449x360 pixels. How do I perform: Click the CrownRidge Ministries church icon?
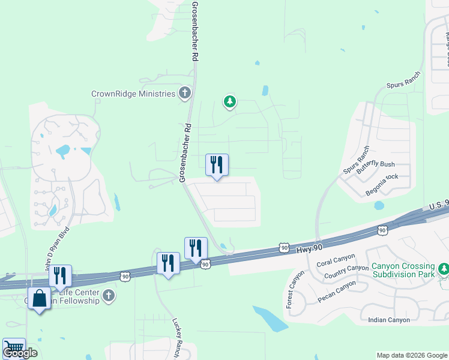pos(185,94)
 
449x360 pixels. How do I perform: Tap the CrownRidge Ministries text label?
pos(133,94)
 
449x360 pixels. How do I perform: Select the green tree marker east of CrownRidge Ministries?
pos(229,102)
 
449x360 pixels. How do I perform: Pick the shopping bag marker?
pos(40,299)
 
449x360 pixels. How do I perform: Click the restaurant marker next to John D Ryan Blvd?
pos(60,276)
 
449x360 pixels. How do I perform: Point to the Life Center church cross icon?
pos(109,295)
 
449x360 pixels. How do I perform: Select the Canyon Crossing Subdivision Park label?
pos(403,270)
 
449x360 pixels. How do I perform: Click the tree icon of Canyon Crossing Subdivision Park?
pos(444,268)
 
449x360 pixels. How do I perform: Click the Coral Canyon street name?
pos(333,262)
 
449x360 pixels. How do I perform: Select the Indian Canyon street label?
pos(389,320)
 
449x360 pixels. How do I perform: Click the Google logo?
pos(20,352)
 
